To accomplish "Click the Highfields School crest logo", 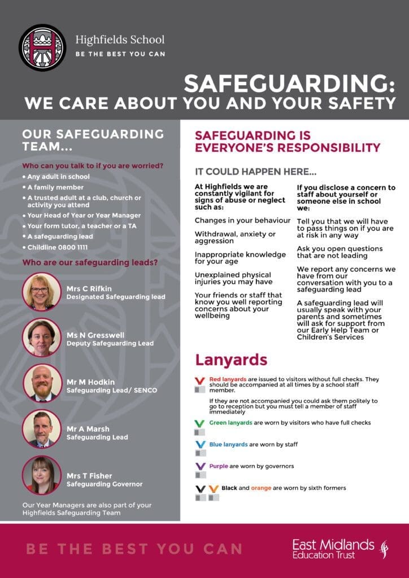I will click(42, 47).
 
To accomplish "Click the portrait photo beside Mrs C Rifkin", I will click(42, 292).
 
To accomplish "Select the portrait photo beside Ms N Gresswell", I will click(42, 338).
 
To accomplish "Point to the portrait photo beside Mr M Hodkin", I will click(42, 383).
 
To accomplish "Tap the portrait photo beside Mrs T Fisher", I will click(42, 475).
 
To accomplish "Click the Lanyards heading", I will click(231, 360).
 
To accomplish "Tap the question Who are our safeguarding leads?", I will click(89, 262).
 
